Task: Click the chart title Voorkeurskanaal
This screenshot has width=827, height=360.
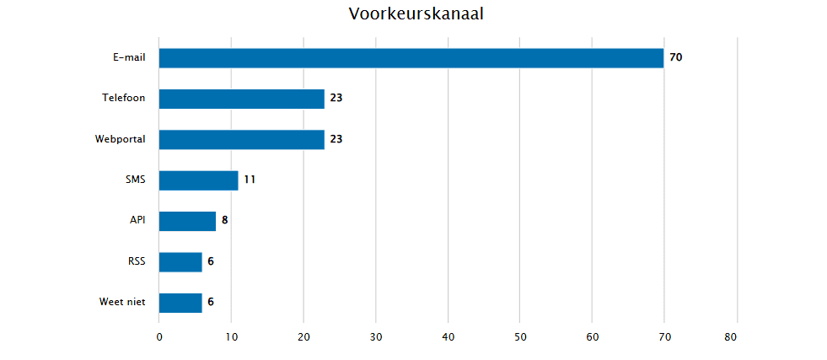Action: coord(416,14)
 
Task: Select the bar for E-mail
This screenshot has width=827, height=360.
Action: coord(411,58)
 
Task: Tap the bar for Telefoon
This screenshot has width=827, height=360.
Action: coord(241,99)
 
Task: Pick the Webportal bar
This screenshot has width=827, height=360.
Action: coord(241,139)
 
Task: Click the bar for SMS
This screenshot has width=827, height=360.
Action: coord(198,180)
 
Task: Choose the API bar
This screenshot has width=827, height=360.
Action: coord(187,221)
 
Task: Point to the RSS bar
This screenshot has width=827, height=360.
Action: coord(180,261)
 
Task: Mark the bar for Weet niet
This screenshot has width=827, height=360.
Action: coord(180,303)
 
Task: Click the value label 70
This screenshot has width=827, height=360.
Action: coord(675,58)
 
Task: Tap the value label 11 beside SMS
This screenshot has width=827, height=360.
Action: coord(250,180)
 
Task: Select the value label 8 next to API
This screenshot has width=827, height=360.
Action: coord(225,221)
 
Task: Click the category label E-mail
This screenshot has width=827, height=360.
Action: coord(129,57)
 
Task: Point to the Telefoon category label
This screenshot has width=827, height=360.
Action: coord(123,98)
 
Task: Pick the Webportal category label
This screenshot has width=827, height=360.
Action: coord(120,139)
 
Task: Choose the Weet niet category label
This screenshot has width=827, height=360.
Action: coord(122,302)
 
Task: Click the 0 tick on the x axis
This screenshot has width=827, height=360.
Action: coord(159,337)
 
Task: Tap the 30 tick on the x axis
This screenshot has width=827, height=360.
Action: coord(375,337)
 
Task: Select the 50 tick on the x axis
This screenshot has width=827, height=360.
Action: coord(519,337)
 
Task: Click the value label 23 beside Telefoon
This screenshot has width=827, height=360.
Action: coord(336,99)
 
